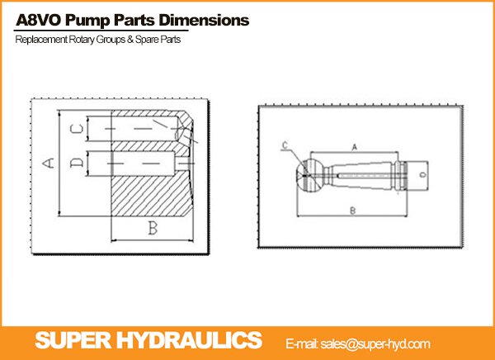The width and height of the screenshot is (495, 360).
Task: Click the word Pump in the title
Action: (87, 21)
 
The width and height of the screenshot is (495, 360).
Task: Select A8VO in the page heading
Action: (39, 21)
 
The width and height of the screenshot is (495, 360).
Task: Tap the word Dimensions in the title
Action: (204, 20)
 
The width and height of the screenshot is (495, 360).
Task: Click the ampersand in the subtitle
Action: (130, 40)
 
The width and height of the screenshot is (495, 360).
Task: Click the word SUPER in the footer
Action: (74, 340)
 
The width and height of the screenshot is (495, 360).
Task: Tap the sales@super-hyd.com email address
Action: (375, 343)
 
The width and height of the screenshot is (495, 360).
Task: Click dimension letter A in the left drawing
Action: (49, 163)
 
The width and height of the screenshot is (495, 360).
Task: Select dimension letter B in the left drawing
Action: (153, 228)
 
